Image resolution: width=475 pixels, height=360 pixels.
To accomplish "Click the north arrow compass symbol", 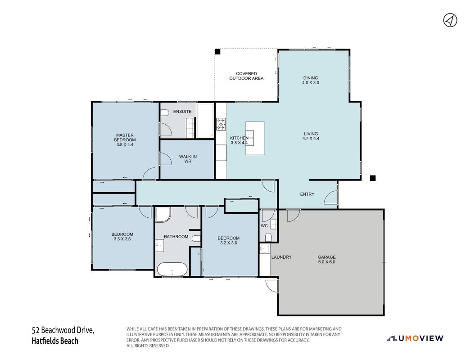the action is tap(450, 20).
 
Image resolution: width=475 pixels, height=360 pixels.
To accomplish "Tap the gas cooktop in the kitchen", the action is tap(221, 124).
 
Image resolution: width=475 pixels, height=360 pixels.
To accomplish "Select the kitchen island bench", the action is tap(255, 138).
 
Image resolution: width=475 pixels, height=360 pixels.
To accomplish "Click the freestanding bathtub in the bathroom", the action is tap(172, 269).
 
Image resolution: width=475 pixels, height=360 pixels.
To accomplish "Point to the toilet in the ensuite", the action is tap(164, 113).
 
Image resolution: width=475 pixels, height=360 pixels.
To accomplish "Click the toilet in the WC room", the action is tap(268, 237).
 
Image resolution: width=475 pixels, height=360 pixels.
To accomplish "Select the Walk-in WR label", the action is tap(188, 159).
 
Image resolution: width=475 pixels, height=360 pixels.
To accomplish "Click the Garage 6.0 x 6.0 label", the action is tap(326, 260).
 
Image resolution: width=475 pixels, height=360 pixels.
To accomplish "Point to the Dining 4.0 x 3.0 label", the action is tap(311, 80).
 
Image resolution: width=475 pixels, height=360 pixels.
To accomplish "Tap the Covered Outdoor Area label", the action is tap(246, 76).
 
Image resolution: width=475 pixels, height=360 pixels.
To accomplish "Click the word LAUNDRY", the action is tap(281, 257).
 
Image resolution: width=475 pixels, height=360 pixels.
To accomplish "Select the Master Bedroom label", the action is tap(125, 140).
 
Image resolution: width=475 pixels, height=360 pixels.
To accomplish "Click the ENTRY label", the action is tap(307, 194).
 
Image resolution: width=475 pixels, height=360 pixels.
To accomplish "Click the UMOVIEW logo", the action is tap(415, 338).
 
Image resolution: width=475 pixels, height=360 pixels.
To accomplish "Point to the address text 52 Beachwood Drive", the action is tap(63, 330).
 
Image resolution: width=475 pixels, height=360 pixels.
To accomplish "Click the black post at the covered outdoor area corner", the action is tap(217, 51).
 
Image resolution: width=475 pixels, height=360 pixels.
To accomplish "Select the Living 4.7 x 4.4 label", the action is tap(311, 136).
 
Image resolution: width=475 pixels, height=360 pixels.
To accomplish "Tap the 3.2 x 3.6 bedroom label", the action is tap(228, 240).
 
